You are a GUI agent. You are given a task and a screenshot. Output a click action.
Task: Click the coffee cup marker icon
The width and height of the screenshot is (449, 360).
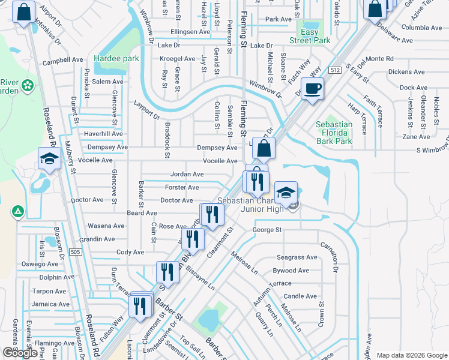(312, 89)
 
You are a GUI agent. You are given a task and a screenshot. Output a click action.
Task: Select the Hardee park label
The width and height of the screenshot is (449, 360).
(116, 59)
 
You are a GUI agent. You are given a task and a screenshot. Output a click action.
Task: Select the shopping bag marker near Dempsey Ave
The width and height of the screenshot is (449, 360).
(263, 148)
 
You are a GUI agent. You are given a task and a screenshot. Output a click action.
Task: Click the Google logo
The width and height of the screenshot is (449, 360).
(20, 353)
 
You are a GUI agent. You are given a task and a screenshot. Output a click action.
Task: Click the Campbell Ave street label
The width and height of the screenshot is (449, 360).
(62, 60)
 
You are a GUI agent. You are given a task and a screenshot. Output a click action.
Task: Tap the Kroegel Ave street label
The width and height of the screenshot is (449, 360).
(177, 59)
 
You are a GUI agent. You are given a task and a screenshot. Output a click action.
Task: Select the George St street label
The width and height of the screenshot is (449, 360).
(267, 230)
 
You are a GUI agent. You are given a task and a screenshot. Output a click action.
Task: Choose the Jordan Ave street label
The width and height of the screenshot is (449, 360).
(187, 175)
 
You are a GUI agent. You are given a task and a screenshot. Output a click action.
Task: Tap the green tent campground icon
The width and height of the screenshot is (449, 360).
(18, 211)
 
